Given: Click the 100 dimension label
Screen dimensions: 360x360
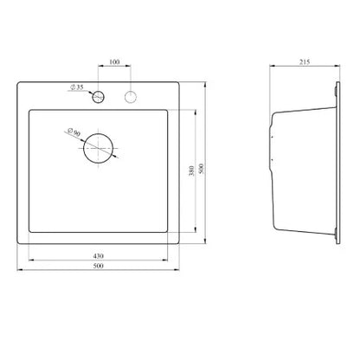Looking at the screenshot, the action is (114, 61).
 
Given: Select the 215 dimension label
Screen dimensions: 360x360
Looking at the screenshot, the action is (305, 61).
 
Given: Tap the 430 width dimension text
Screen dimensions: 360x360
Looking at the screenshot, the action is (99, 256).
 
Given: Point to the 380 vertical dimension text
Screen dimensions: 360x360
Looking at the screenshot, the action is (191, 170).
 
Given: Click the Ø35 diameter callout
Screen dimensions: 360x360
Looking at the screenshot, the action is (77, 87).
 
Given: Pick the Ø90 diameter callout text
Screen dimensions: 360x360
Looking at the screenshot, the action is (74, 132).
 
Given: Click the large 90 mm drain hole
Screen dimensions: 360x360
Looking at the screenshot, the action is (99, 148).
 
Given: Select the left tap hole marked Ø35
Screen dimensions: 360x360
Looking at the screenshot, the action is (98, 97).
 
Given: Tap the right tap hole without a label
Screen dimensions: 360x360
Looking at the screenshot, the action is (131, 97).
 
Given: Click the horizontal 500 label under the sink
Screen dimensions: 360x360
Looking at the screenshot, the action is (99, 266).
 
